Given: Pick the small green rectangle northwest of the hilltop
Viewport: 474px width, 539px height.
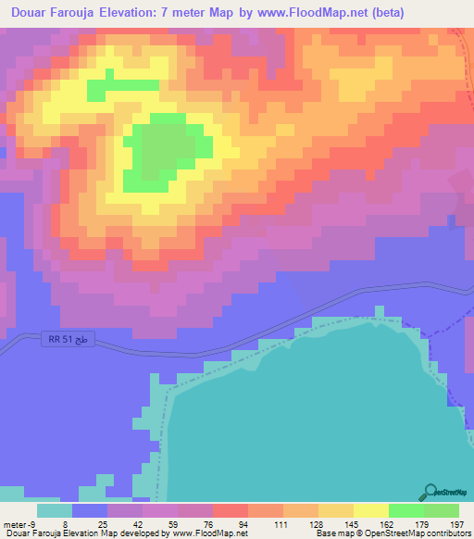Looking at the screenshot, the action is (x=122, y=89).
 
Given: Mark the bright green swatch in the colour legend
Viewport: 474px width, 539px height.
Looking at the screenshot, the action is (x=405, y=510).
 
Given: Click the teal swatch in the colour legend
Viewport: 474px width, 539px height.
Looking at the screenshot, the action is (x=55, y=510).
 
